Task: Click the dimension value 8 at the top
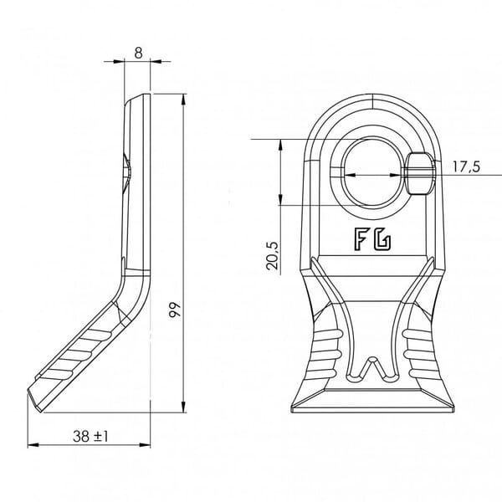click(x=138, y=54)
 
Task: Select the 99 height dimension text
click(x=175, y=310)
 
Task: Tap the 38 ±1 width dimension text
click(x=90, y=436)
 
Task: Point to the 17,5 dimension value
click(x=467, y=166)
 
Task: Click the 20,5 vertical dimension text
click(x=273, y=255)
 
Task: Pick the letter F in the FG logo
click(x=361, y=239)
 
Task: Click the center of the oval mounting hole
click(x=372, y=173)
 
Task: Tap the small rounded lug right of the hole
click(x=420, y=173)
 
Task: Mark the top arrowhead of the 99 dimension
click(x=183, y=100)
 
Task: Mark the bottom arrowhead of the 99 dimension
click(x=183, y=407)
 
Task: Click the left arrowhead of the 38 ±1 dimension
click(x=33, y=445)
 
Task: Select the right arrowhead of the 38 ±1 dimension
click(x=145, y=445)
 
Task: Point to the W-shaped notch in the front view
click(x=372, y=369)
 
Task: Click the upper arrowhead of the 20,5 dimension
click(x=280, y=145)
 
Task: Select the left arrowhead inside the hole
click(x=351, y=175)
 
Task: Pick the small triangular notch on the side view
click(x=126, y=173)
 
